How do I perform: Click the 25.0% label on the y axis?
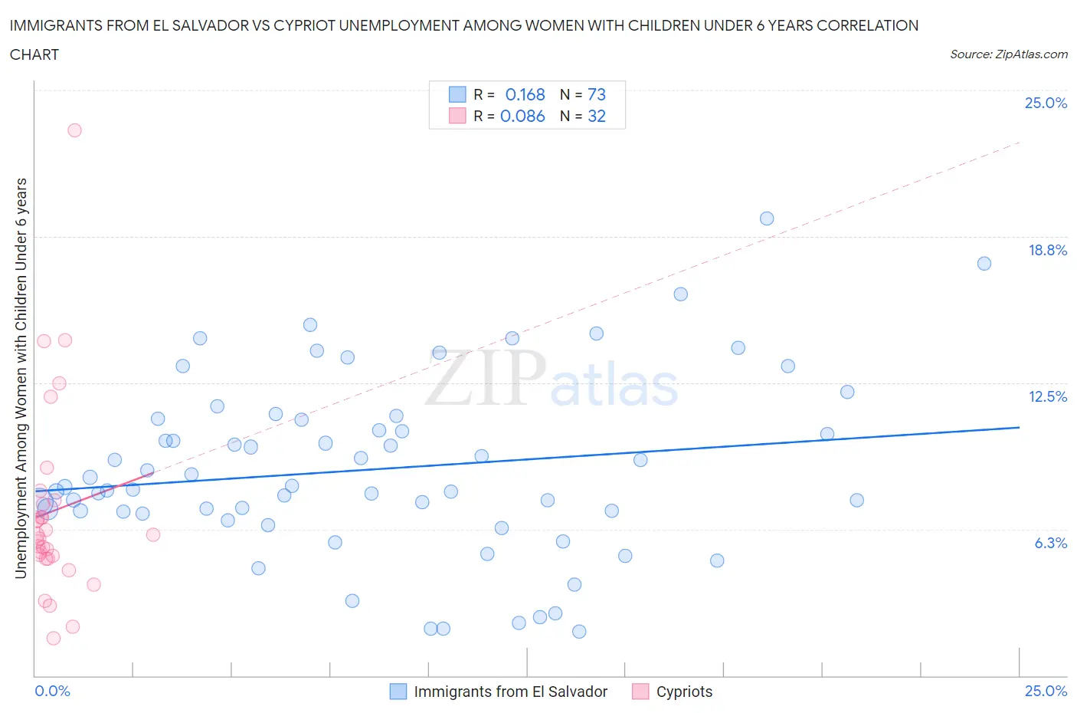coord(1046,103)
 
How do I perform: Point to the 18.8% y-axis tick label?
coord(1047,250)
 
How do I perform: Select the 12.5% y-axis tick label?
coord(1047,396)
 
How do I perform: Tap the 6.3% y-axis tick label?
coord(1050,543)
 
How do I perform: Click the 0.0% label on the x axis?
coord(52,691)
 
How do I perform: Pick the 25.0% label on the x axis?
coord(1046,691)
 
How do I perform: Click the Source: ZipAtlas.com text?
coord(1008,54)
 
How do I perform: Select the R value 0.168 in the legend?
coord(525,94)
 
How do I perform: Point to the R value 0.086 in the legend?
coord(522,116)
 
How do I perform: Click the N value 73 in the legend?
coord(596,94)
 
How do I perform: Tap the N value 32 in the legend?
coord(596,116)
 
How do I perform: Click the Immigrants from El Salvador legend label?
coord(510,692)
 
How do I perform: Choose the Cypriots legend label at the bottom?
coord(684,692)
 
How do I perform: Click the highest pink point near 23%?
coord(74,130)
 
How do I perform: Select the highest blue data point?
coord(766,219)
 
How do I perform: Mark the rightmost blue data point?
coord(984,264)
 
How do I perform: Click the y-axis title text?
coord(21,378)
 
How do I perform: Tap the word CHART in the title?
coord(34,54)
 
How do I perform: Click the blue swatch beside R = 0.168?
coord(457,94)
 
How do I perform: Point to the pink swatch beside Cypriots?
coord(640,692)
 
